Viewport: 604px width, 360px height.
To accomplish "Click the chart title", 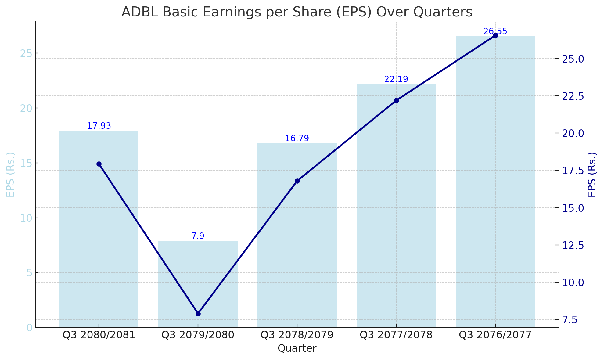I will pyautogui.click(x=297, y=12).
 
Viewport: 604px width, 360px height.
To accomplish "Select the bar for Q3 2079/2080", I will pyautogui.click(x=198, y=284).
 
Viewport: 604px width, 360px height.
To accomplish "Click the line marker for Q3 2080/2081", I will pyautogui.click(x=99, y=164).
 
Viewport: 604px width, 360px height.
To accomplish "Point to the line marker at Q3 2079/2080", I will pyautogui.click(x=198, y=314).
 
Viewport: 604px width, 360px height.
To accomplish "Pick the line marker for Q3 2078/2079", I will pyautogui.click(x=297, y=181).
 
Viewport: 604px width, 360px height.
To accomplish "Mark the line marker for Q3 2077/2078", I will pyautogui.click(x=396, y=100).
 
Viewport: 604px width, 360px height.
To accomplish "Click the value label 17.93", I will pyautogui.click(x=99, y=126).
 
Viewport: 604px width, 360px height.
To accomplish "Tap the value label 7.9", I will pyautogui.click(x=198, y=236).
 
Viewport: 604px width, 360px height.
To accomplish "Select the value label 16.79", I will pyautogui.click(x=297, y=139).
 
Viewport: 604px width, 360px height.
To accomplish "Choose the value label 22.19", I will pyautogui.click(x=396, y=79).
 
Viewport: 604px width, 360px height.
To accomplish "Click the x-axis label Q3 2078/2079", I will pyautogui.click(x=297, y=335).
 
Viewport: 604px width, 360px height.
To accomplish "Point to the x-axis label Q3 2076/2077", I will pyautogui.click(x=495, y=335).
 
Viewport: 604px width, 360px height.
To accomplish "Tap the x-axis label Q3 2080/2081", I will pyautogui.click(x=99, y=335).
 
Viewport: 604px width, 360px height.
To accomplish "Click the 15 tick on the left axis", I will pyautogui.click(x=26, y=163).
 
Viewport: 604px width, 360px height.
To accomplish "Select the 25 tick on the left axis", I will pyautogui.click(x=26, y=53).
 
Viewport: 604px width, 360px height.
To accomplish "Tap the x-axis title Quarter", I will pyautogui.click(x=297, y=348).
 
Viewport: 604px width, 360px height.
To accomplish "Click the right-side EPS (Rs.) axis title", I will pyautogui.click(x=592, y=175).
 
